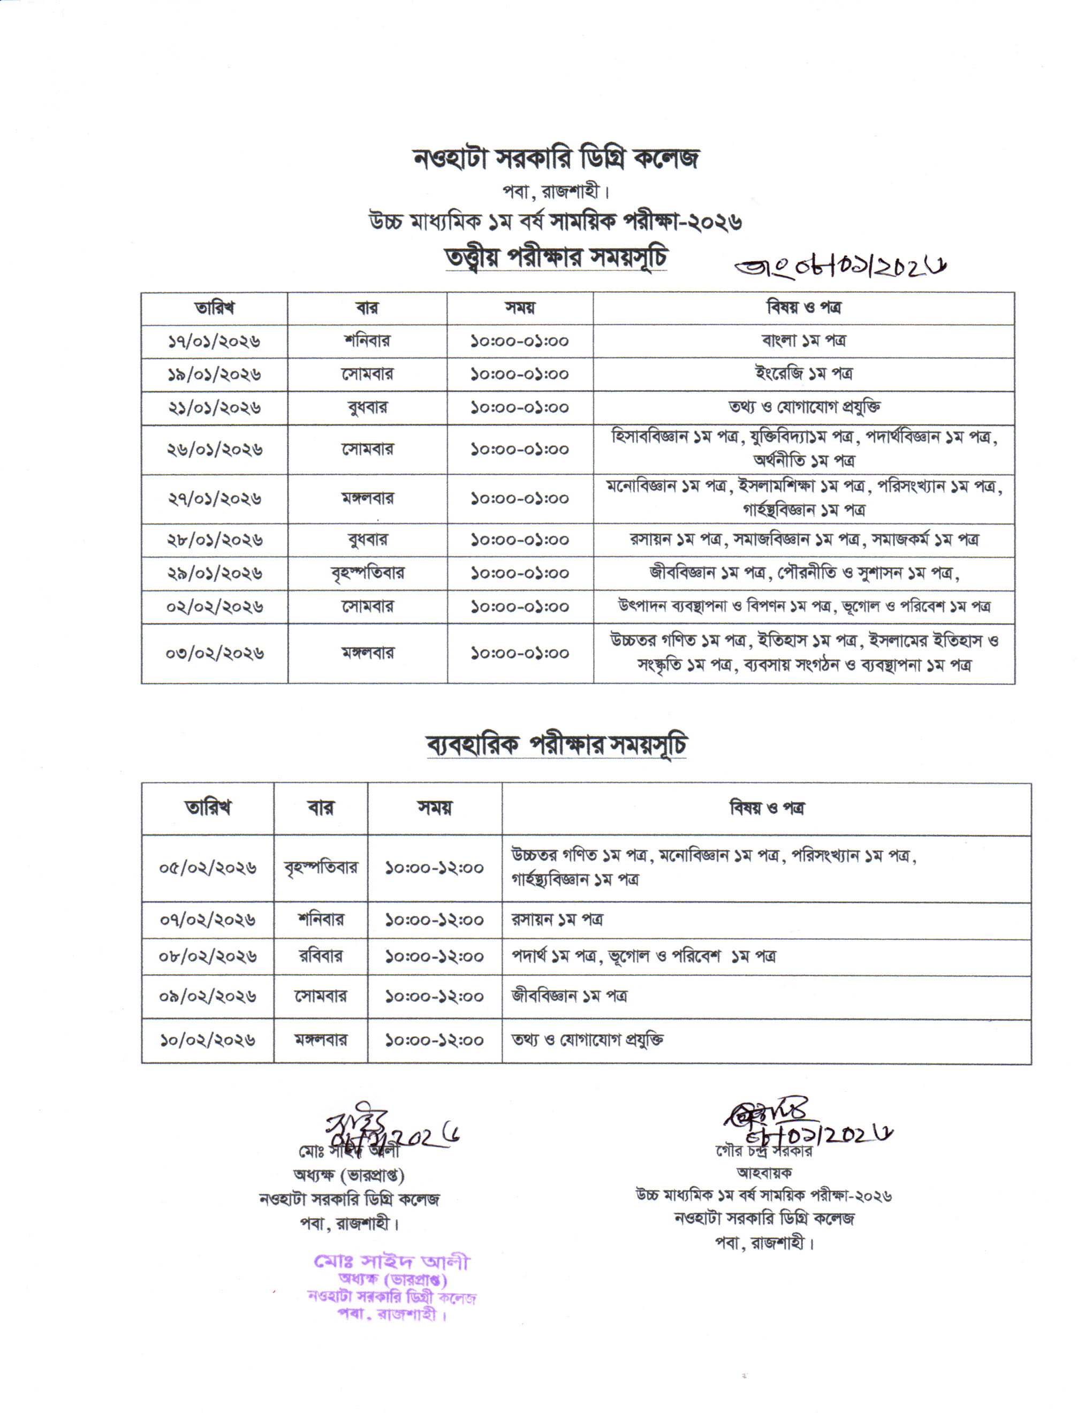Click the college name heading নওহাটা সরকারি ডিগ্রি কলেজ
556,158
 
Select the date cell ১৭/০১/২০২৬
214,341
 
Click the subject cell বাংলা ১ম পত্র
803,340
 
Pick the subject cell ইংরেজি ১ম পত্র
803,374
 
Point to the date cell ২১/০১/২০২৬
214,408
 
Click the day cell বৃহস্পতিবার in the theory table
367,573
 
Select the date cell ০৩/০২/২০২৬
214,654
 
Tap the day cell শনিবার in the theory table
367,341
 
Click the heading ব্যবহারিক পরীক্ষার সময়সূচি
556,746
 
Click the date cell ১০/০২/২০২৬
208,1040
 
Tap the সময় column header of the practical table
435,808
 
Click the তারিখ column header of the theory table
214,308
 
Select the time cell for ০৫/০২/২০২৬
435,868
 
